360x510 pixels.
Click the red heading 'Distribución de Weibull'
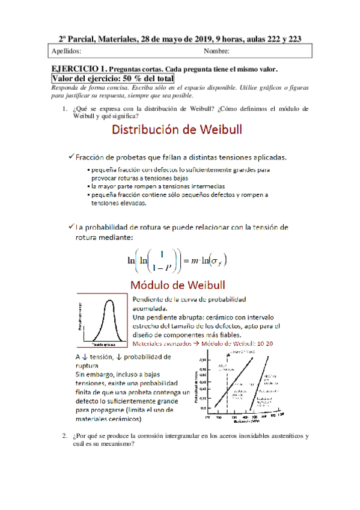180,131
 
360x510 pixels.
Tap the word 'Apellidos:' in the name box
67,51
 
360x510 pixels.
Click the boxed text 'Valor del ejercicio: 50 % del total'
112,78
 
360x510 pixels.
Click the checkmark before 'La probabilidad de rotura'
71,227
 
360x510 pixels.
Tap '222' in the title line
264,39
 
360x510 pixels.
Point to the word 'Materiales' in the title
112,39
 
